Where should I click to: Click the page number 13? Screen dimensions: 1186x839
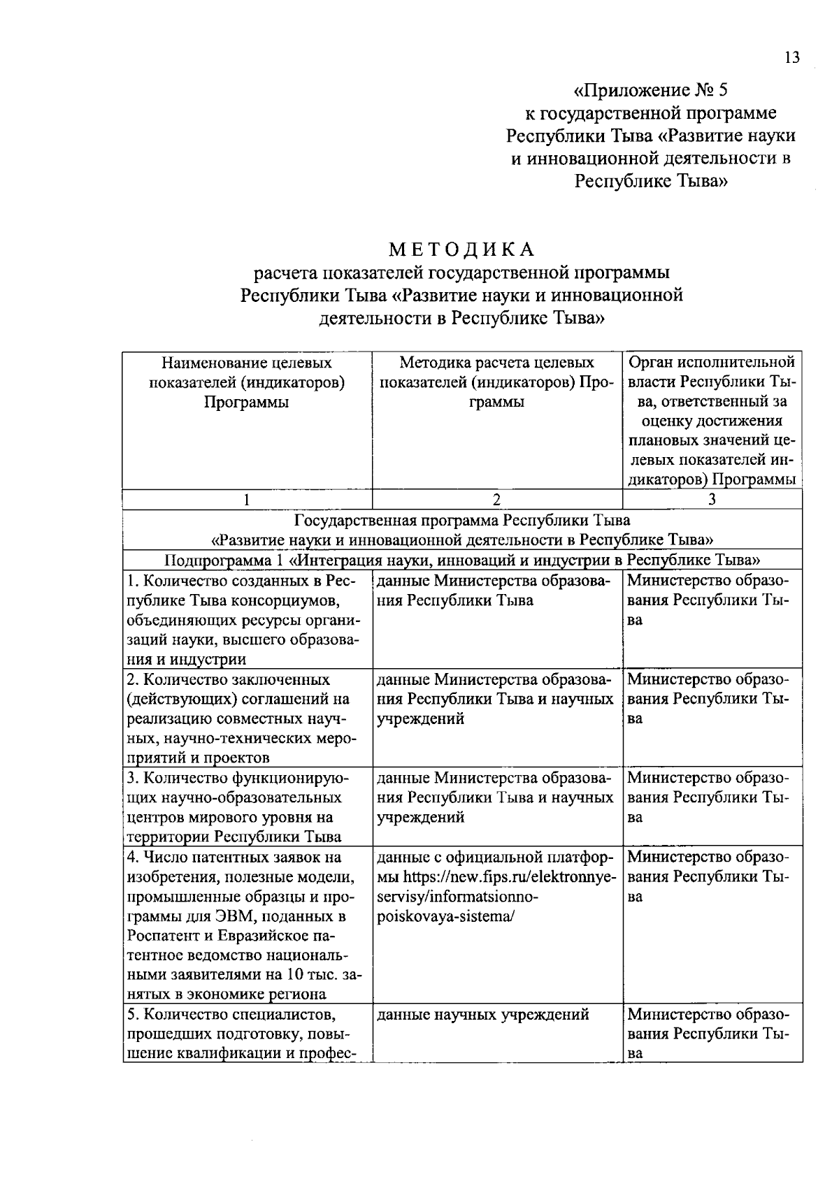(791, 58)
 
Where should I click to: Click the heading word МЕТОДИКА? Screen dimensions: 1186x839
(461, 250)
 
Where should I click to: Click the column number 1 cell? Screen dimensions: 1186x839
(247, 499)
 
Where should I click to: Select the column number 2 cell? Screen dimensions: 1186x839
(496, 499)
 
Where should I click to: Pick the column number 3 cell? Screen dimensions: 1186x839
(712, 499)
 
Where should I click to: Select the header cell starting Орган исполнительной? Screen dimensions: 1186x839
(712, 420)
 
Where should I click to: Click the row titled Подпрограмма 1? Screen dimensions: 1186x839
(461, 561)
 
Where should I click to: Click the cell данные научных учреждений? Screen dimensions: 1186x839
(482, 1015)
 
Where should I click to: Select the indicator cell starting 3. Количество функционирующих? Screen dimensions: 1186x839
(247, 807)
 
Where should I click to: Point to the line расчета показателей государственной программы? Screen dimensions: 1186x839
(461, 273)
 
